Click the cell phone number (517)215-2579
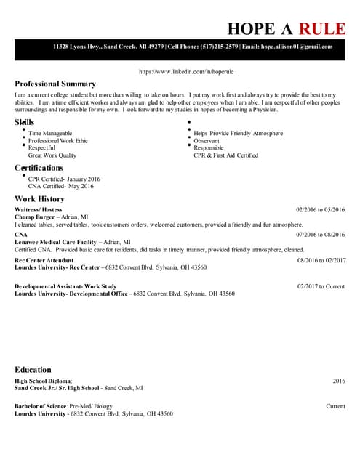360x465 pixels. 219,46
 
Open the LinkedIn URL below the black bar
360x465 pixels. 185,73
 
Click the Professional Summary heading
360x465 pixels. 55,84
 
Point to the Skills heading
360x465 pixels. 25,122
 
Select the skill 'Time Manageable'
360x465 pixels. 50,134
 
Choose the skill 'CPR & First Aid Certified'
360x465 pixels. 225,155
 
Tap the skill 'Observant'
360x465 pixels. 206,141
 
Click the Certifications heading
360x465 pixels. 39,168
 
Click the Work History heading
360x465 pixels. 39,199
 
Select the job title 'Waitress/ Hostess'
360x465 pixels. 39,210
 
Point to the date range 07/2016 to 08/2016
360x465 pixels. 320,235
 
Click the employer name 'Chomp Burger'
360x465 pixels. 35,217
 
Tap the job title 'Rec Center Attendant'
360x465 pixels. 44,260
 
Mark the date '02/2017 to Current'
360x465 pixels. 321,286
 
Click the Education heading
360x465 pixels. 33,370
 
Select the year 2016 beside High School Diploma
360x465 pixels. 339,381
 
